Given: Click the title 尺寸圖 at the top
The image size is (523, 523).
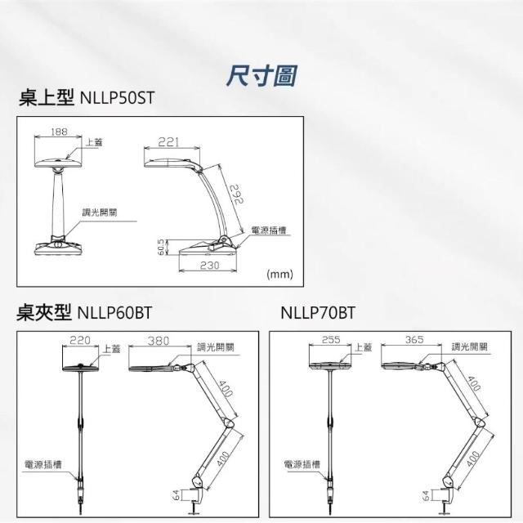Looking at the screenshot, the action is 261,76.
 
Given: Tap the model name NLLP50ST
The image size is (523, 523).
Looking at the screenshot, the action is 117,98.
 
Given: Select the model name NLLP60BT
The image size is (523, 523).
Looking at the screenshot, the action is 114,313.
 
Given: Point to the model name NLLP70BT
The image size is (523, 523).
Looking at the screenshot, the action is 318,313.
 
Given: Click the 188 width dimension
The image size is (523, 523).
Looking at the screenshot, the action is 59,132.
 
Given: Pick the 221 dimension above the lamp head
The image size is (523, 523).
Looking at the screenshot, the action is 168,142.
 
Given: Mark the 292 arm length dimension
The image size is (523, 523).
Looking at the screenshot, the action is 237,194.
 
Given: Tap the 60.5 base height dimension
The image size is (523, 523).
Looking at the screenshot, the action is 161,247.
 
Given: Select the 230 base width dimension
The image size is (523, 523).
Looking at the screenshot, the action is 210,265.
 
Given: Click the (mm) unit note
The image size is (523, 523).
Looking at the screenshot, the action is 279,275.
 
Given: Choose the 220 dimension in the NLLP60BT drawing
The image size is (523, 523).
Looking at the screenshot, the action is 80,340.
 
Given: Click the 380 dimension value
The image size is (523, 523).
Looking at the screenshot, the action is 159,341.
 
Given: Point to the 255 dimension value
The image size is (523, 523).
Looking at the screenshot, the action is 331,340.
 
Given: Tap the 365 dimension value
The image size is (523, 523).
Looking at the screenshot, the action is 414,340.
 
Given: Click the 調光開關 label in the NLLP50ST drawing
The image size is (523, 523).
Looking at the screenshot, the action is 100,212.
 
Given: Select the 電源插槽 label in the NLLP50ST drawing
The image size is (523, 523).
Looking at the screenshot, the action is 269,230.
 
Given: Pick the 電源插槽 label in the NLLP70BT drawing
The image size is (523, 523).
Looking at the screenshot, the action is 302,464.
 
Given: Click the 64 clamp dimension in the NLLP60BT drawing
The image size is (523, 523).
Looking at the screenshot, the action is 177,495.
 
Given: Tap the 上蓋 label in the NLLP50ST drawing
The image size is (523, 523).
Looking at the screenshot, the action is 94,142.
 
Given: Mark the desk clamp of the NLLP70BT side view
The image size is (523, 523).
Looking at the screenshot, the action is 444,500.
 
